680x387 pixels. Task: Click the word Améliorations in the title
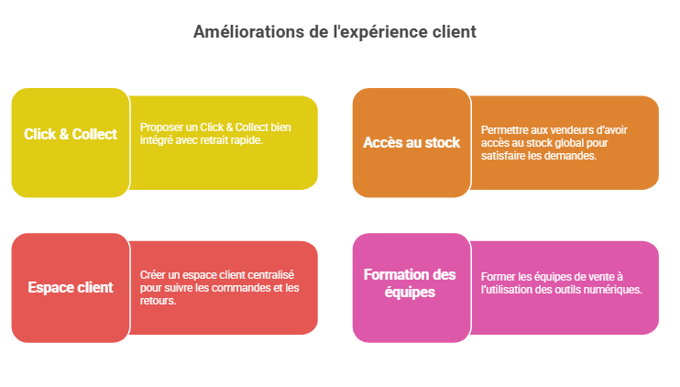click(248, 32)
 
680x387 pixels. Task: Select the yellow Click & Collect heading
click(71, 134)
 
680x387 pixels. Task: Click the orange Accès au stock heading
click(411, 142)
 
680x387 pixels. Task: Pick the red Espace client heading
click(71, 287)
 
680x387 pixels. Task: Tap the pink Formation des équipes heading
click(410, 283)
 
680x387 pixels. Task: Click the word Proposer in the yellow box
click(156, 127)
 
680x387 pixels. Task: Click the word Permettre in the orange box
click(499, 130)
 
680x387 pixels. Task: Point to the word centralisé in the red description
click(272, 274)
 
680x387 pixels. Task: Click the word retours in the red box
click(158, 301)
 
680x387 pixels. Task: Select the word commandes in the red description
click(246, 288)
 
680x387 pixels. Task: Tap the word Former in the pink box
click(495, 277)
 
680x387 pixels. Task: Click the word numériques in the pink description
click(620, 290)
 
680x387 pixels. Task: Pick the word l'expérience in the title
click(380, 32)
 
